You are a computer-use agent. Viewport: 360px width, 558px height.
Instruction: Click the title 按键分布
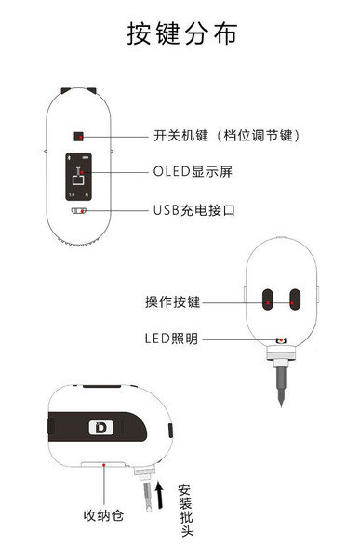[x=181, y=34]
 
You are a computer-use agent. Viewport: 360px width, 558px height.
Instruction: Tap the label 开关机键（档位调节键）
[x=226, y=136]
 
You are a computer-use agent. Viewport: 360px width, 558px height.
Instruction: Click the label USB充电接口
[x=194, y=210]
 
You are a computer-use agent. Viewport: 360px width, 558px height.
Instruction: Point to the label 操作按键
[x=173, y=301]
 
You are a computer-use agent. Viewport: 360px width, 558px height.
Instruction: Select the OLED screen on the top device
[x=77, y=175]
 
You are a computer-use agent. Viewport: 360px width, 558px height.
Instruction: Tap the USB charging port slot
[x=79, y=210]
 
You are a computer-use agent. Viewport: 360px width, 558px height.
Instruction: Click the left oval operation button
[x=268, y=299]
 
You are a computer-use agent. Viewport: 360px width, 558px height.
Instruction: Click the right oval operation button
[x=295, y=299]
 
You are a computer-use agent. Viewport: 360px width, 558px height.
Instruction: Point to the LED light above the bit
[x=281, y=341]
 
